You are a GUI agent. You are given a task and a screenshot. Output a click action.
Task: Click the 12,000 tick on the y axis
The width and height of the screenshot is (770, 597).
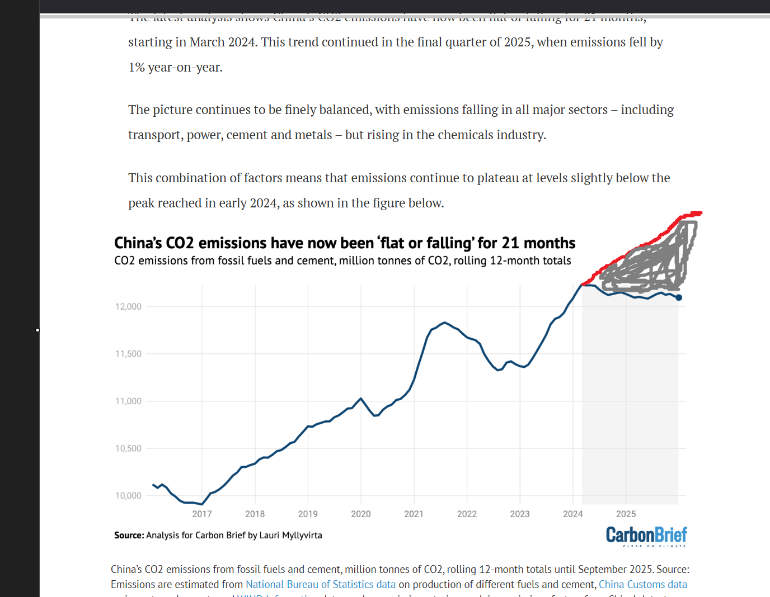tap(128, 306)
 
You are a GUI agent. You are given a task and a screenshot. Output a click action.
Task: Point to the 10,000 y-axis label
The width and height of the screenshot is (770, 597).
tap(128, 496)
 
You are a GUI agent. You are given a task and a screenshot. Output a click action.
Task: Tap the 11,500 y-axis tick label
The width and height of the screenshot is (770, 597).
tap(128, 354)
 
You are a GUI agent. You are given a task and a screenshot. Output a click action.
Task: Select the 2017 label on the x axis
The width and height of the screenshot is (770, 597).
tap(202, 514)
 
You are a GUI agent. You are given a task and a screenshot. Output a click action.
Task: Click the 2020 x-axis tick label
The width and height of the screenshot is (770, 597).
tap(361, 514)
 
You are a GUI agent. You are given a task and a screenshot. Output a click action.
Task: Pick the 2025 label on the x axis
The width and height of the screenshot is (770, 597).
tap(626, 514)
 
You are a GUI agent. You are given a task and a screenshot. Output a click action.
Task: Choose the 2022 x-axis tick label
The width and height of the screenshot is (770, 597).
tap(467, 514)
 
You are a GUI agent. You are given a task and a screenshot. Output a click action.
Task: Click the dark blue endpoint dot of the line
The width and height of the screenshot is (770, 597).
tap(679, 297)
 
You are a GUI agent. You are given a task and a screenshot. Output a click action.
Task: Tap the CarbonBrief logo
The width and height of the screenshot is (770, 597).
tap(646, 536)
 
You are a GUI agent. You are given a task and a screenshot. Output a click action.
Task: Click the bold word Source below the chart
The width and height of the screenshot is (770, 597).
tap(129, 536)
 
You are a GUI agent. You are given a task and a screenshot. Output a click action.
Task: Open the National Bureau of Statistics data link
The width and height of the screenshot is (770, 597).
tap(321, 584)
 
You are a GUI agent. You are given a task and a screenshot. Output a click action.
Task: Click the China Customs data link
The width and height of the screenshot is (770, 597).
tap(642, 584)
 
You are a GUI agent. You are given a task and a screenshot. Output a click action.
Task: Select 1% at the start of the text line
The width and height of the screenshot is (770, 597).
tap(137, 68)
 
